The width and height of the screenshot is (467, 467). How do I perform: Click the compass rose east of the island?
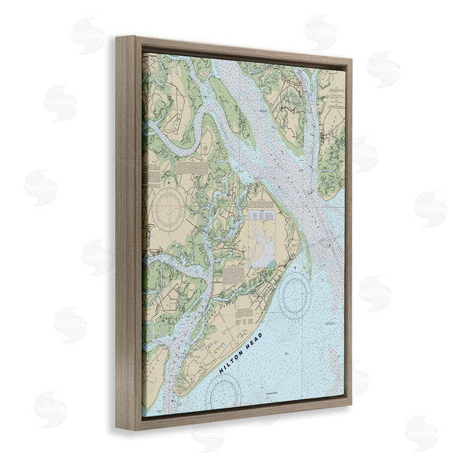coord(297,295)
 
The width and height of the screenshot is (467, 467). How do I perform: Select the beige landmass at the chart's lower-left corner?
coord(153,381)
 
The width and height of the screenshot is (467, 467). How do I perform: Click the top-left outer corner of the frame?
coord(118,37)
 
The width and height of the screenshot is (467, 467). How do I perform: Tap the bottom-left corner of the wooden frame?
coord(118,430)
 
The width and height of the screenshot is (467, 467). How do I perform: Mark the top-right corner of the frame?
coord(351,60)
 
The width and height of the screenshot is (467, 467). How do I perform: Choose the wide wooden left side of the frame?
coord(129,233)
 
